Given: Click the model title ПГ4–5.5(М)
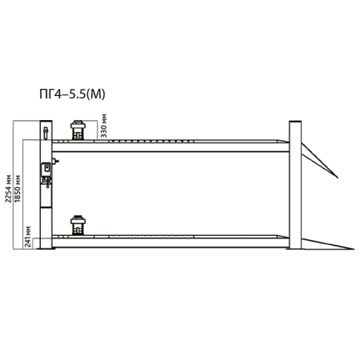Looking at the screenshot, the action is pyautogui.click(x=72, y=94).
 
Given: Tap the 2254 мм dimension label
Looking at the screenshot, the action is pyautogui.click(x=9, y=189).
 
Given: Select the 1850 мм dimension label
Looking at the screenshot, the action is pyautogui.click(x=18, y=189).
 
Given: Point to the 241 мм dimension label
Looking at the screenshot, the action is pyautogui.click(x=28, y=237).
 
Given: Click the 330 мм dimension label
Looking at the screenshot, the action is pyautogui.click(x=104, y=126).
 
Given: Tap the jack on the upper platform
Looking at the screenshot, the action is pyautogui.click(x=78, y=130).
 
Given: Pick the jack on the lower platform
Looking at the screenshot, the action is pyautogui.click(x=78, y=226).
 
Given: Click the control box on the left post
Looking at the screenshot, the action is pyautogui.click(x=46, y=170).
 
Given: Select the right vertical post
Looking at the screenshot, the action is pyautogui.click(x=295, y=185).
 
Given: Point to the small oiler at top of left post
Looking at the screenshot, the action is pyautogui.click(x=46, y=133).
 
